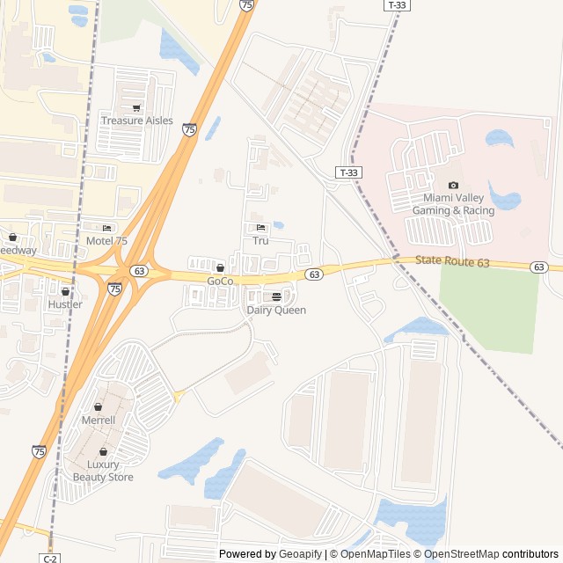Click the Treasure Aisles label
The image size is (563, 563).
pyautogui.click(x=137, y=121)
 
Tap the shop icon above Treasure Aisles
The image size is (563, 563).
pyautogui.click(x=136, y=108)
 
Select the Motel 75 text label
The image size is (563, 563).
pyautogui.click(x=106, y=240)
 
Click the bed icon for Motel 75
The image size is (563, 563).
pyautogui.click(x=107, y=228)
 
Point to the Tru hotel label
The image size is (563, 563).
pyautogui.click(x=260, y=240)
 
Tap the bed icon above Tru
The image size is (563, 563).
pyautogui.click(x=260, y=228)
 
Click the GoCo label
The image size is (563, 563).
pyautogui.click(x=220, y=281)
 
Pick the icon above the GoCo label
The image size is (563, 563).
pyautogui.click(x=220, y=268)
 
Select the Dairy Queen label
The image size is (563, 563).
pyautogui.click(x=276, y=310)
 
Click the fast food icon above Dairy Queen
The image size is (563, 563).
pyautogui.click(x=276, y=296)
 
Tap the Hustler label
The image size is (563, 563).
pyautogui.click(x=65, y=304)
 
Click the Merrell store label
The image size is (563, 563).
pyautogui.click(x=98, y=420)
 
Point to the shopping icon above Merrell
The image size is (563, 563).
pyautogui.click(x=98, y=407)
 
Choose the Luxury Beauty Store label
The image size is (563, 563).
pyautogui.click(x=103, y=471)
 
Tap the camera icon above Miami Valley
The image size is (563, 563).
pyautogui.click(x=453, y=185)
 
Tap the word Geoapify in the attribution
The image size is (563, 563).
pyautogui.click(x=301, y=554)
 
